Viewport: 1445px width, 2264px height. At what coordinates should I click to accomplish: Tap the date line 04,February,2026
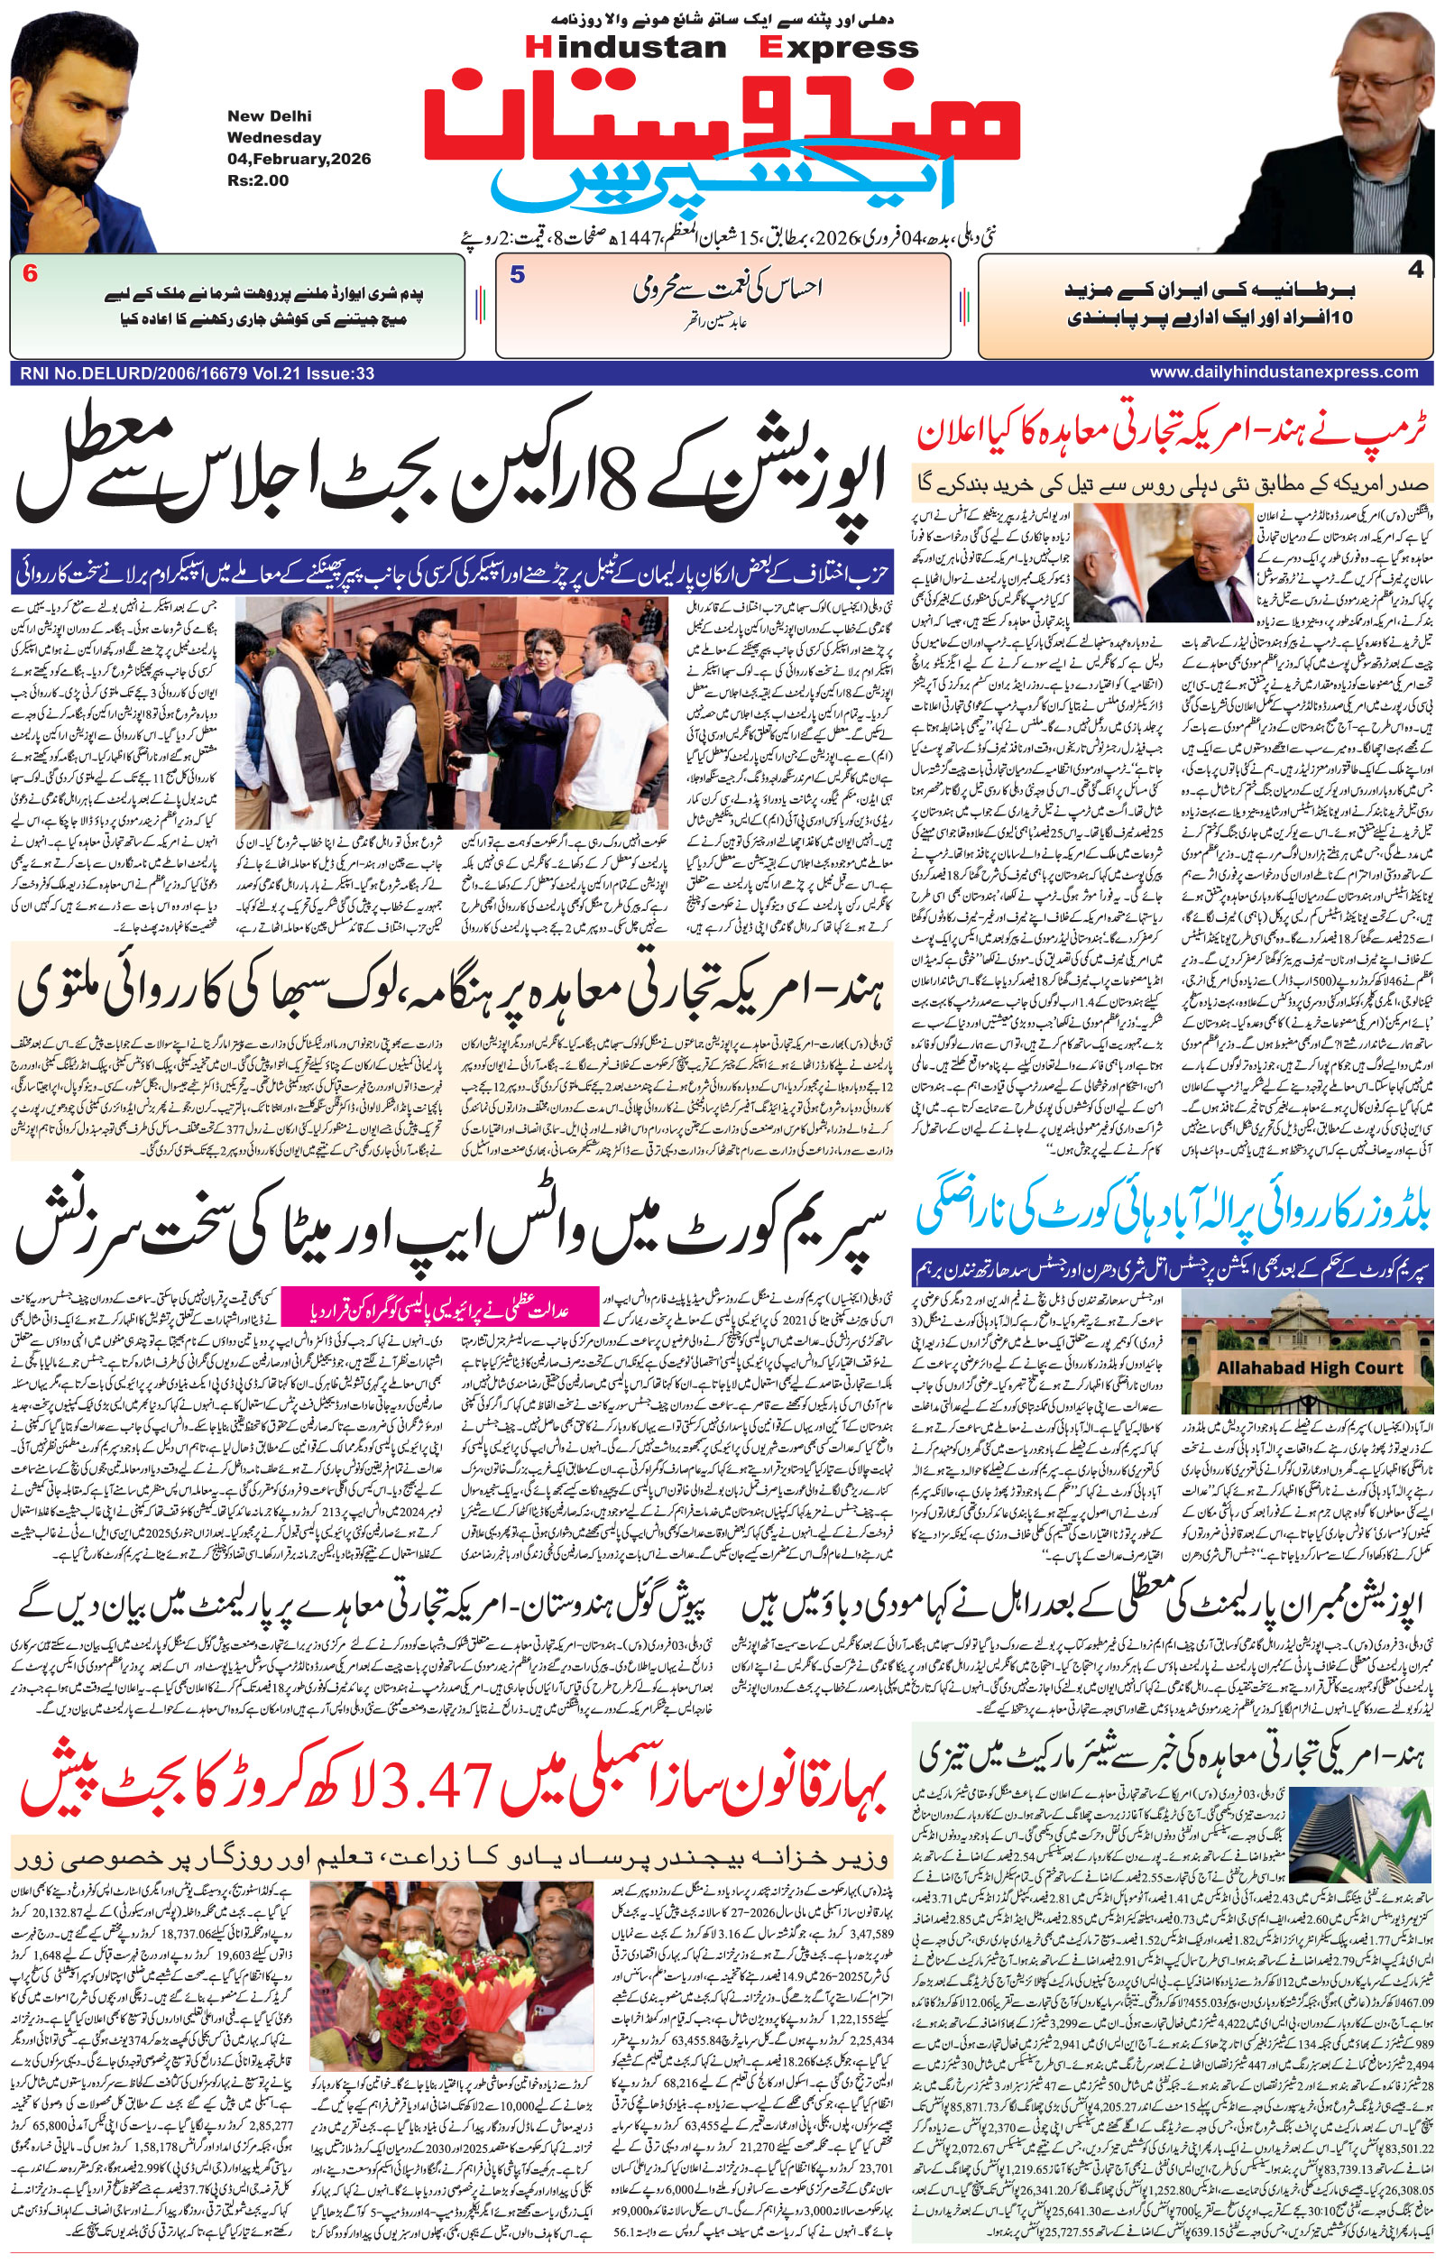299,158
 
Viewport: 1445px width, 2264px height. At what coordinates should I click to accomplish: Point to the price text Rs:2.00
258,180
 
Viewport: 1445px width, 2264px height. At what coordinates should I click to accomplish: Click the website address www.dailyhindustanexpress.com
1284,373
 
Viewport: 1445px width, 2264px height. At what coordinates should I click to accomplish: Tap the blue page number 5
517,275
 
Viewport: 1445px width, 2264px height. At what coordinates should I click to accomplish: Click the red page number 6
31,275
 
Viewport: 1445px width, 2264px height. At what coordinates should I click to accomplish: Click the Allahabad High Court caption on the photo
1310,1368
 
